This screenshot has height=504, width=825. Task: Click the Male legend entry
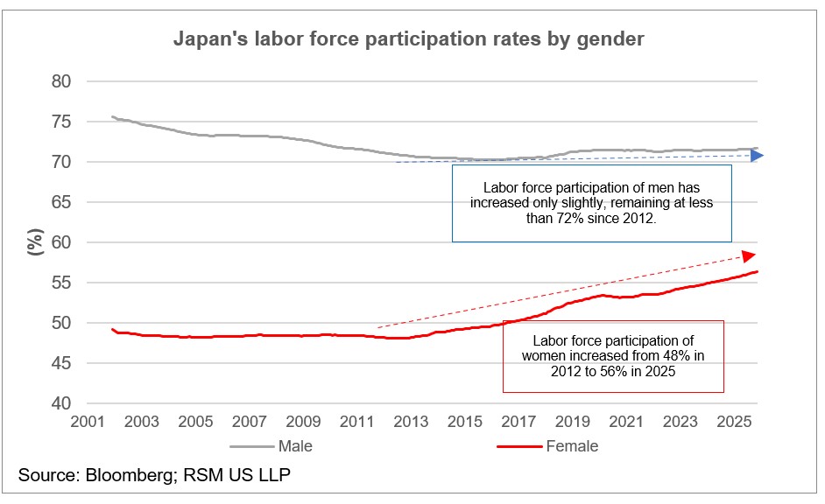point(294,446)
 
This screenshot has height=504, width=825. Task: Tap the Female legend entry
point(571,446)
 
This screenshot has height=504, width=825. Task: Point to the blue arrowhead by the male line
point(756,156)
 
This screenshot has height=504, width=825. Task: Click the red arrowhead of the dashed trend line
point(748,255)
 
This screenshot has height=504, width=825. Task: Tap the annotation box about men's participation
point(591,203)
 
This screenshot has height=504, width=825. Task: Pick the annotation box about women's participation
point(613,356)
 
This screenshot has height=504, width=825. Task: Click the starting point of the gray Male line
point(111,116)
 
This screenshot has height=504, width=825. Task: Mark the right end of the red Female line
point(758,271)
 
